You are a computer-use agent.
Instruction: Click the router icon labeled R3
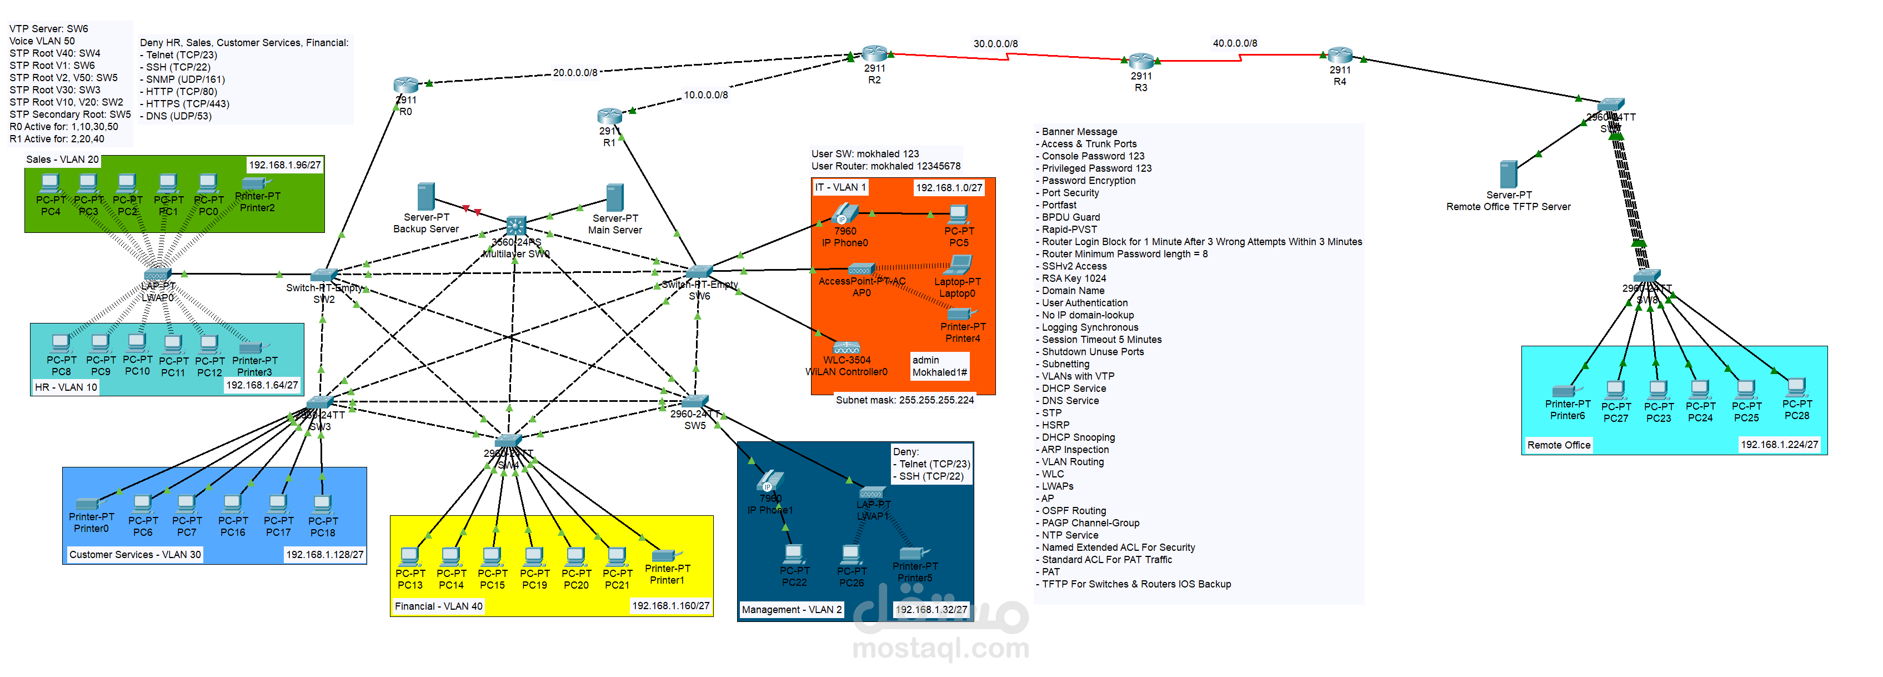pos(1140,61)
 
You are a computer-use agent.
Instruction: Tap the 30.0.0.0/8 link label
pos(995,44)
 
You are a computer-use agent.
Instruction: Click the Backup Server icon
pos(425,197)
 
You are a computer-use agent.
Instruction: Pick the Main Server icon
pos(615,197)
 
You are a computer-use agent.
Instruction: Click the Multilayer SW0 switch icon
pos(515,225)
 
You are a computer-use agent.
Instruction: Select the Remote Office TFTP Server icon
pos(1508,175)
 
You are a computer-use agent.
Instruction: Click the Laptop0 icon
pos(960,265)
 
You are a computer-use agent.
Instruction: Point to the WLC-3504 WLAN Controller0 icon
pos(846,348)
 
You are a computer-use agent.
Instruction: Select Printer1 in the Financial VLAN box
pos(665,556)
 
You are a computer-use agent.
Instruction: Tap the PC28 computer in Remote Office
pos(1796,388)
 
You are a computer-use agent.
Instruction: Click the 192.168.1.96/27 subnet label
pos(284,165)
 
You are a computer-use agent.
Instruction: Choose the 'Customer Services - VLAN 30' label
pos(134,555)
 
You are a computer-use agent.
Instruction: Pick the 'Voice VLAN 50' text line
pos(42,41)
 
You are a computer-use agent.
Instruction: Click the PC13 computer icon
pos(409,557)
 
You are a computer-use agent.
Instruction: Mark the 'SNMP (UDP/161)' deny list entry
pos(185,79)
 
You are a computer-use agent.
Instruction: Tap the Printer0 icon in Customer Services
pos(88,503)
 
